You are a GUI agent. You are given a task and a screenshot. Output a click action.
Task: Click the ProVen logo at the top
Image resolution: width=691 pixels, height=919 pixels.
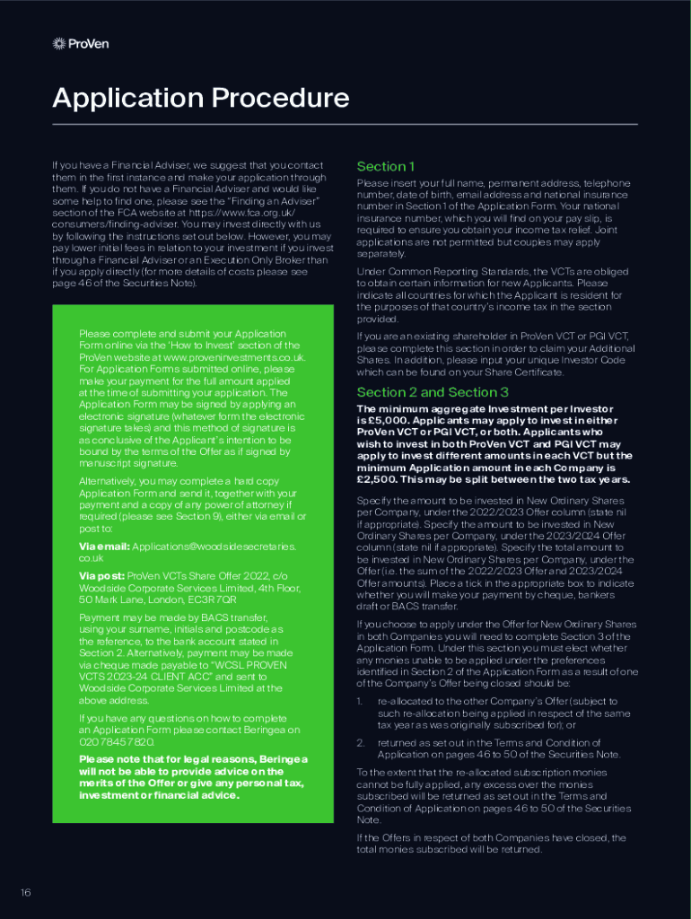click(81, 43)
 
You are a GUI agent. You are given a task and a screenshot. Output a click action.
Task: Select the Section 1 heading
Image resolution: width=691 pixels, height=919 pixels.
click(386, 166)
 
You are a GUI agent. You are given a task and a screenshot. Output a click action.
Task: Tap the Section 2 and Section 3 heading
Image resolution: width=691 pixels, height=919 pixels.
click(433, 392)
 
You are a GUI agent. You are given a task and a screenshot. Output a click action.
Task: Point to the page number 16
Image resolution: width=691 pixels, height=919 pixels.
click(26, 892)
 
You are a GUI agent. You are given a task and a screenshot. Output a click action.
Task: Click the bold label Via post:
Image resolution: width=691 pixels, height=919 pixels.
click(101, 575)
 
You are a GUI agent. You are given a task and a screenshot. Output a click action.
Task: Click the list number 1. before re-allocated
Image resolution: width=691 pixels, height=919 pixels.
click(360, 701)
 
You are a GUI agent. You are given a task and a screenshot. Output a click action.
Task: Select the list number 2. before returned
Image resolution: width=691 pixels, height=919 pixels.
click(360, 742)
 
